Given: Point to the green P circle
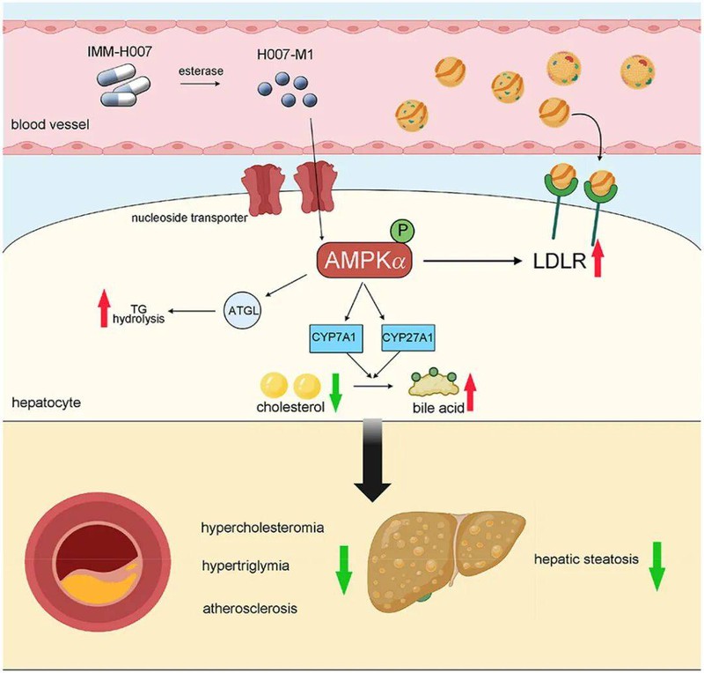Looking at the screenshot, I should pyautogui.click(x=402, y=233).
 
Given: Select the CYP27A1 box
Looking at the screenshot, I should pyautogui.click(x=409, y=336).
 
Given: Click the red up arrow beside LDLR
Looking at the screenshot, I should pyautogui.click(x=601, y=262).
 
